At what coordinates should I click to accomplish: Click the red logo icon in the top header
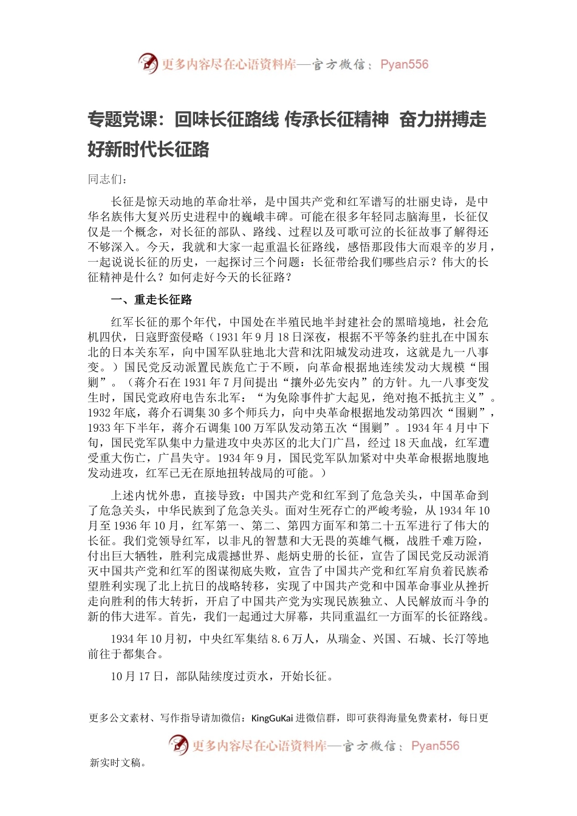[148, 63]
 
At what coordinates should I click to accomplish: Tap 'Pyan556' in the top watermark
[404, 64]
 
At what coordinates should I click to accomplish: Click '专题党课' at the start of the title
[122, 120]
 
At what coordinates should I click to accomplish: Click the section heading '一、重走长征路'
[151, 299]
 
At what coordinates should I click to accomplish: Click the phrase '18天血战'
[413, 443]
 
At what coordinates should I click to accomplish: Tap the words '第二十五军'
[389, 526]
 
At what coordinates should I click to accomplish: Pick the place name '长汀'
[455, 639]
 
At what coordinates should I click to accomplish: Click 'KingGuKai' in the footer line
[271, 718]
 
